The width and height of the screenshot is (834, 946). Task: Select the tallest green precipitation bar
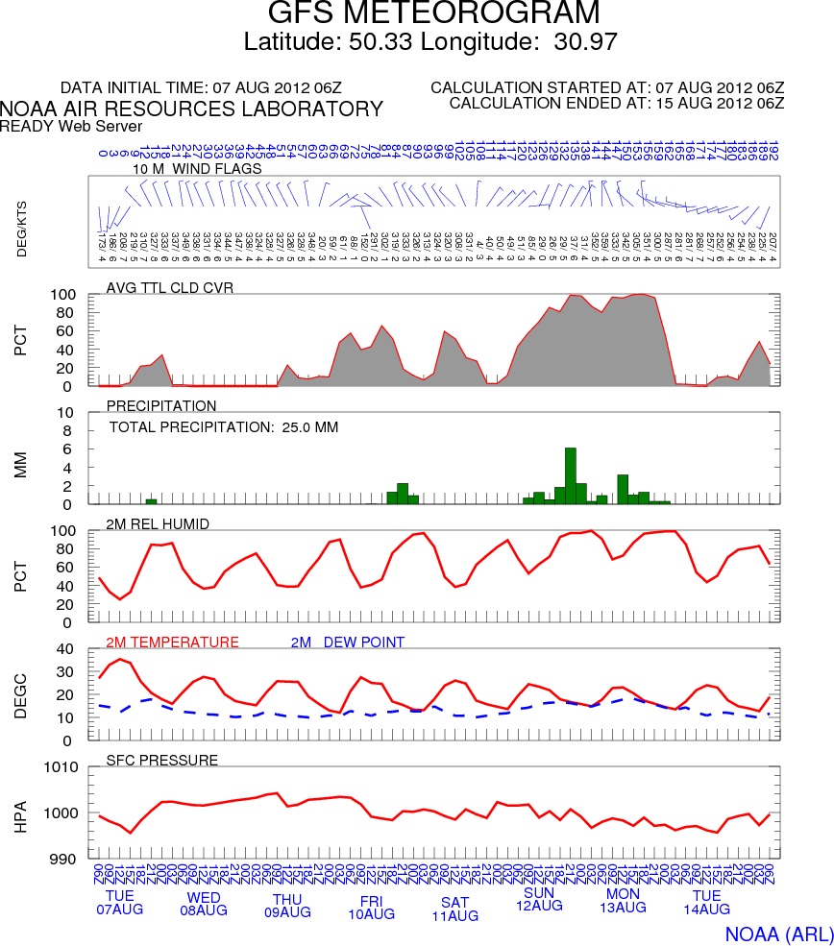(x=571, y=475)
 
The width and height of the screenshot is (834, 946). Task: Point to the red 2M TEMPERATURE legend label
(x=172, y=643)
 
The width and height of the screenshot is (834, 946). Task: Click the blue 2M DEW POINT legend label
(x=348, y=643)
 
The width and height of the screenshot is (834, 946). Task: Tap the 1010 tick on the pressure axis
(x=64, y=767)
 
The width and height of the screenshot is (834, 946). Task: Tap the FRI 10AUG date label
(x=371, y=908)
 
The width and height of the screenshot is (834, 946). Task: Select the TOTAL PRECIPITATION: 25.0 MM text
(x=224, y=427)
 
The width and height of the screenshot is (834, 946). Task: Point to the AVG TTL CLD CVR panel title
(x=169, y=287)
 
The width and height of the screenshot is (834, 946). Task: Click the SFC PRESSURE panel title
(x=162, y=761)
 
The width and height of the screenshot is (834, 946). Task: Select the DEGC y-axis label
(x=21, y=693)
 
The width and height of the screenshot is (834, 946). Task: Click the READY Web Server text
(x=71, y=126)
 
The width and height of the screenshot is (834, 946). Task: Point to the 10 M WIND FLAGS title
(x=197, y=169)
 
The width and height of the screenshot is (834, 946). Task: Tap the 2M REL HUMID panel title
(x=159, y=523)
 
